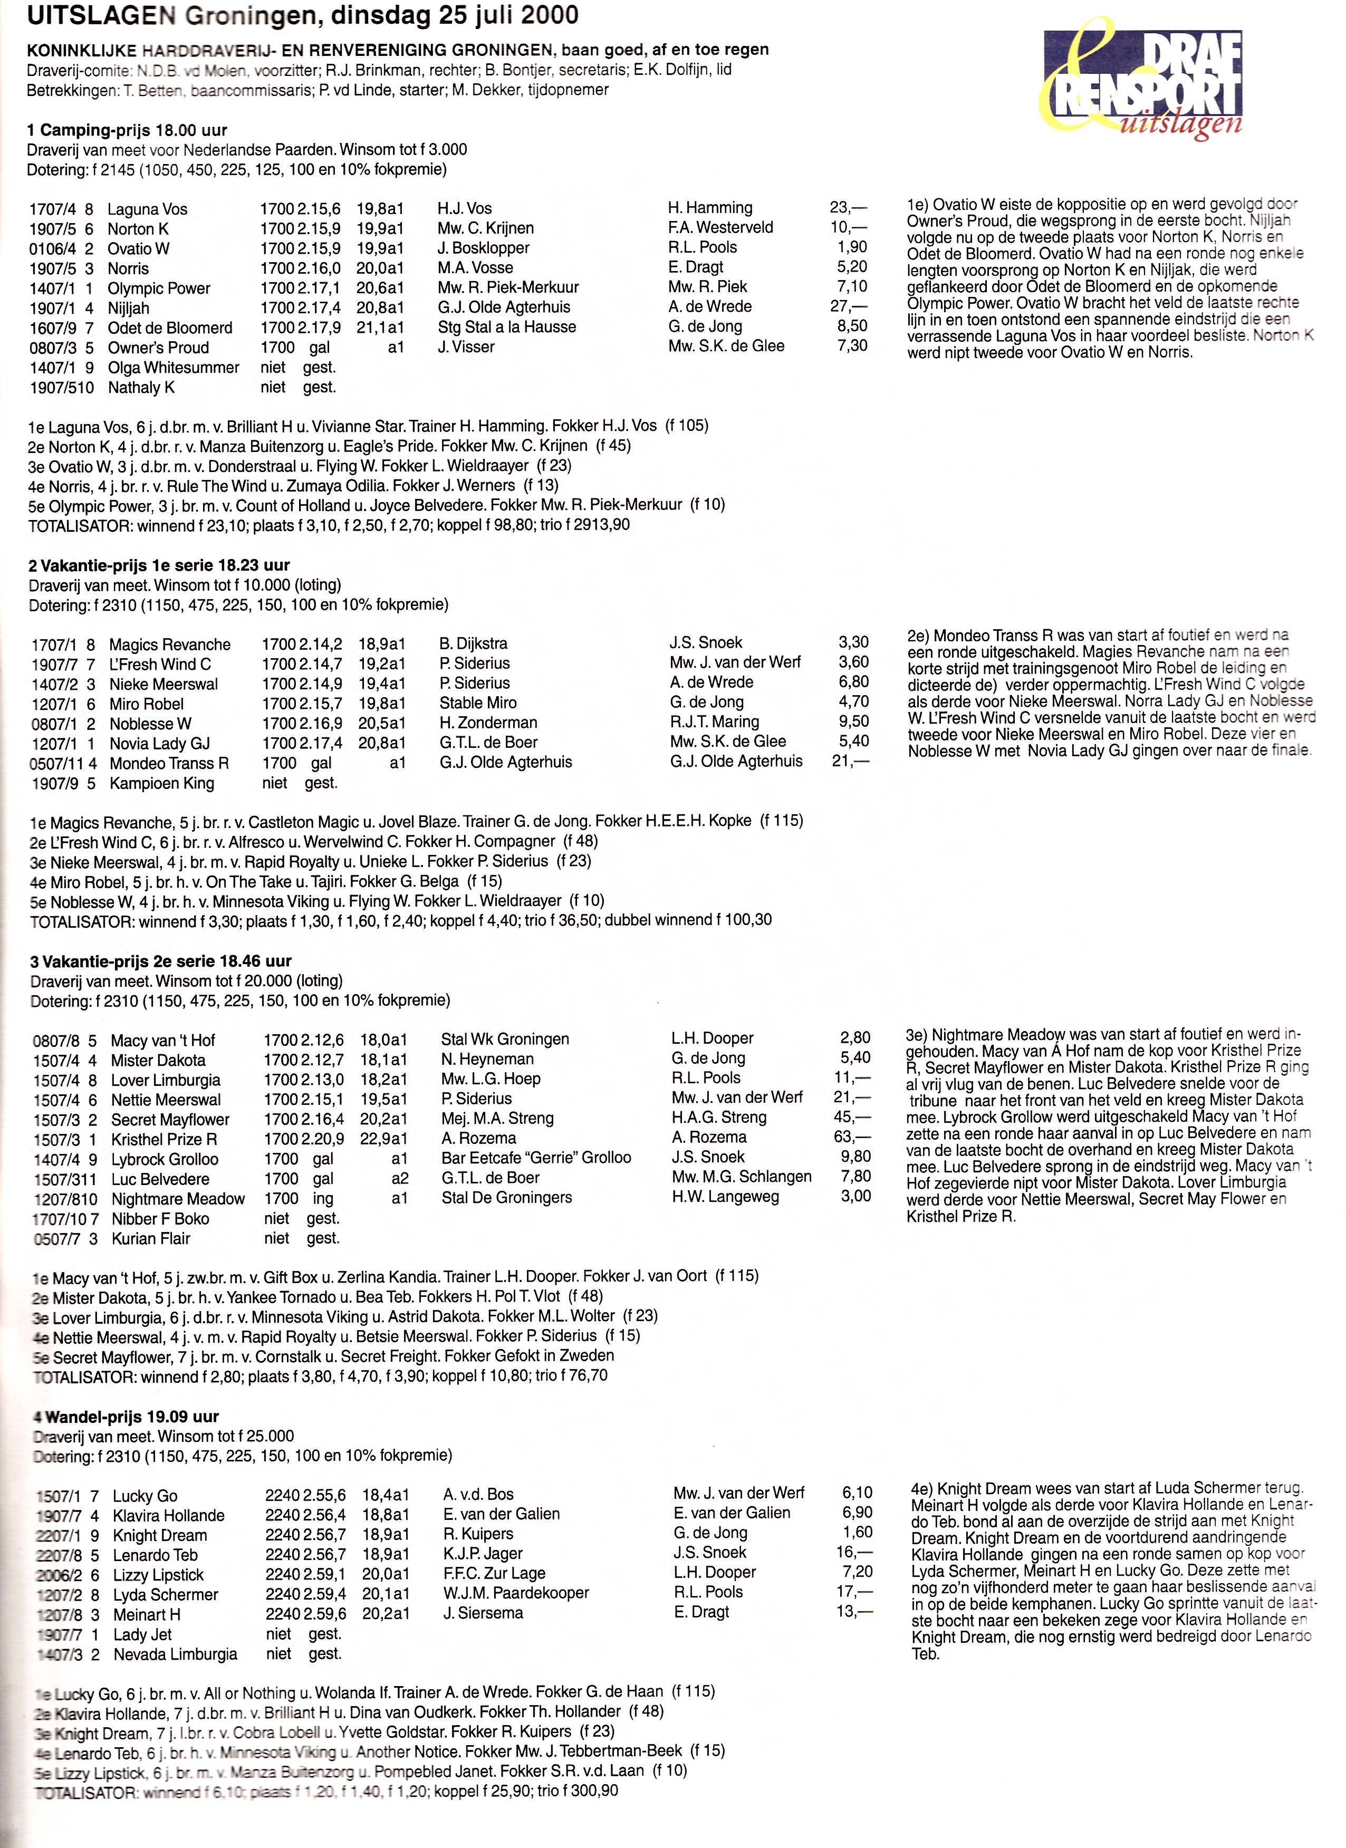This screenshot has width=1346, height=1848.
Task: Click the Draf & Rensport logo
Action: tap(1141, 80)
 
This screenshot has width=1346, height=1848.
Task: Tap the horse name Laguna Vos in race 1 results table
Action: tap(148, 209)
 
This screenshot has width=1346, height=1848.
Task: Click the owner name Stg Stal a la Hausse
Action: tap(507, 327)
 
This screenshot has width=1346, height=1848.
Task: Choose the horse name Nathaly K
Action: tap(142, 388)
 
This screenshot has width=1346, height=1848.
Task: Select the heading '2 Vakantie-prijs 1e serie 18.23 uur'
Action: tap(160, 565)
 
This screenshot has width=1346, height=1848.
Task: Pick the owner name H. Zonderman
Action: tap(489, 723)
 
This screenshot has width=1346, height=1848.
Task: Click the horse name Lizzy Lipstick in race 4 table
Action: tap(159, 1575)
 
